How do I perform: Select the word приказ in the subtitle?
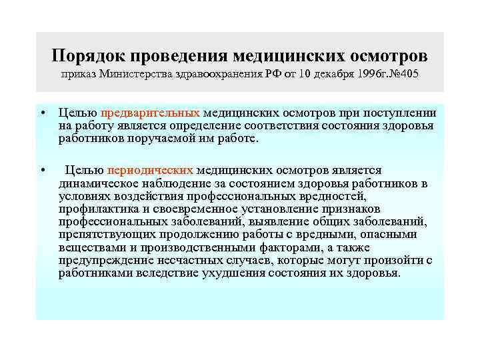(x=78, y=73)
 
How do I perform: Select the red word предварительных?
(x=152, y=114)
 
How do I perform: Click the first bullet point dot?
(x=42, y=114)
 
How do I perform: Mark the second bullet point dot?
(x=42, y=171)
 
